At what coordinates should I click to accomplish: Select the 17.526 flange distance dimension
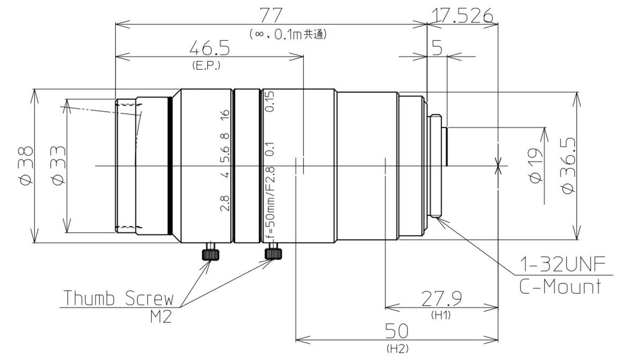click(x=462, y=16)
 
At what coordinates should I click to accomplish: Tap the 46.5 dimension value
click(x=209, y=49)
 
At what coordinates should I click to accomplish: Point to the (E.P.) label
click(x=206, y=65)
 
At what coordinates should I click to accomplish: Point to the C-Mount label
click(x=560, y=287)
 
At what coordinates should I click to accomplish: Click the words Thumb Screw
click(x=118, y=298)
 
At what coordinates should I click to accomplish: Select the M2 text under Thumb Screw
click(x=160, y=317)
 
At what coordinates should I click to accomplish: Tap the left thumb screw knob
click(x=211, y=254)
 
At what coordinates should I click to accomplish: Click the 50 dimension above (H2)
click(x=397, y=331)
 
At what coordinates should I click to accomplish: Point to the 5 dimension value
click(x=437, y=48)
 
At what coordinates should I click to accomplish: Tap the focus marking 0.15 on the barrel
click(x=270, y=102)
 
